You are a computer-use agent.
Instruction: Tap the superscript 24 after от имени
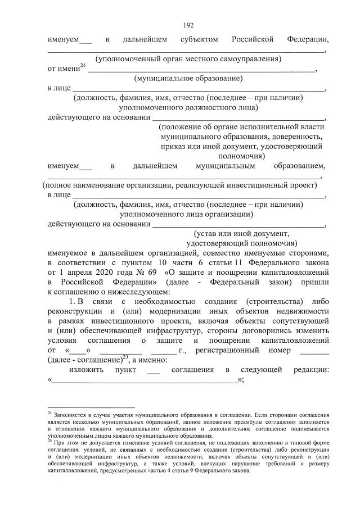[x=83, y=66]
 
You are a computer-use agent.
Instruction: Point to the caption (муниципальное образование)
[x=188, y=78]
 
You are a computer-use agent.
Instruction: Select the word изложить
[x=85, y=370]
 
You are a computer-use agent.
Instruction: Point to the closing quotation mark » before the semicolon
[x=240, y=380]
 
